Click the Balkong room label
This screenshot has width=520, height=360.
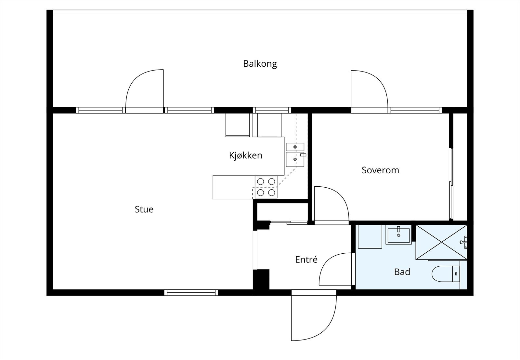[260, 63]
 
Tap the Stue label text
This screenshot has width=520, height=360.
[144, 209]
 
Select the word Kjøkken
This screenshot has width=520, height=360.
[245, 155]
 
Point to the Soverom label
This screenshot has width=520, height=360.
[380, 170]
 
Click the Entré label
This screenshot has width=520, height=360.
[306, 260]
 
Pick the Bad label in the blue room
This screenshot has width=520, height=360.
[402, 272]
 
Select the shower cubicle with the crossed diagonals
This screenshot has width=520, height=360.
[441, 242]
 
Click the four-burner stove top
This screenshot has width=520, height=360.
[266, 187]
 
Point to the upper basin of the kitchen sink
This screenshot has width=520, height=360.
[295, 147]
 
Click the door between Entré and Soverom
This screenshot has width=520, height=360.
[330, 205]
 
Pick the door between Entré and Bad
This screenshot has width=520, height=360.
[336, 270]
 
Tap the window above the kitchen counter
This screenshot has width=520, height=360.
[272, 110]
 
